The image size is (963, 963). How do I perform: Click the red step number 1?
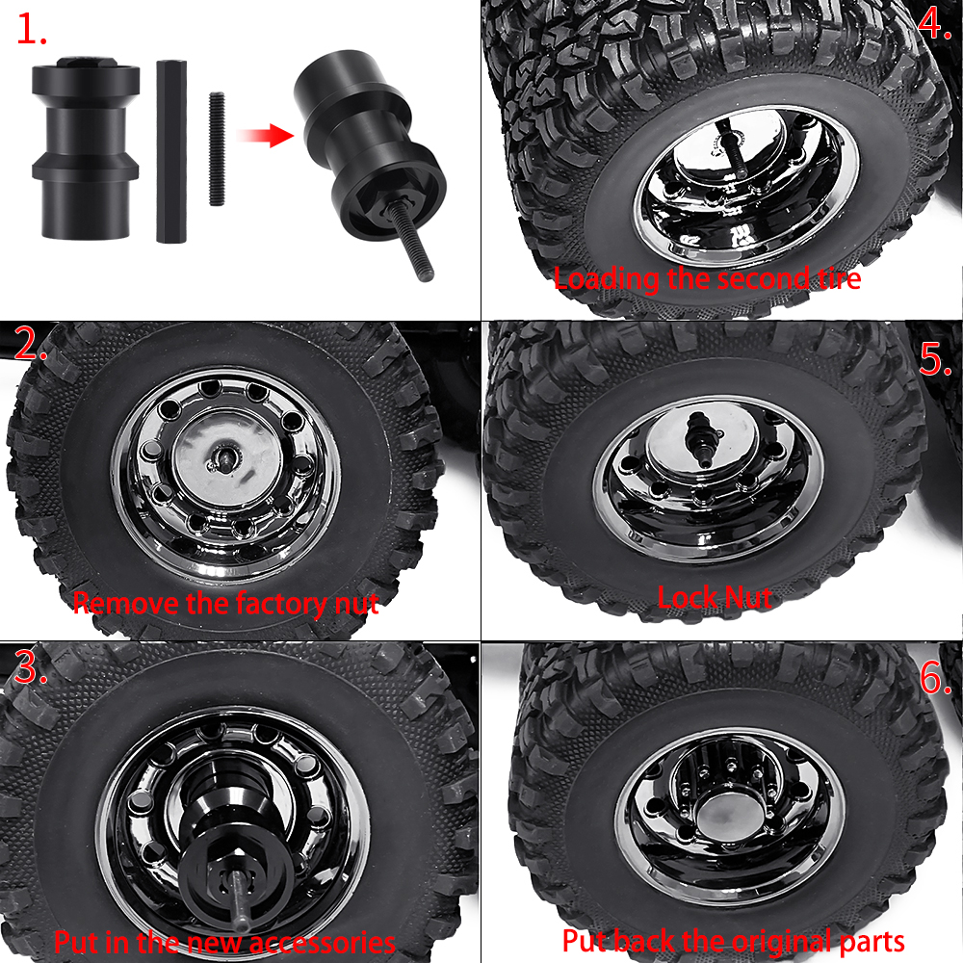(x=31, y=29)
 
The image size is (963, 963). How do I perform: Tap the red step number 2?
(x=30, y=344)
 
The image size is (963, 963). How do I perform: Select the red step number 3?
(x=31, y=667)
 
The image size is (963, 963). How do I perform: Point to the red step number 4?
(x=934, y=23)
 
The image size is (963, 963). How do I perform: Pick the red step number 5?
(x=935, y=358)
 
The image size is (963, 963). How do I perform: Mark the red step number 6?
(x=936, y=678)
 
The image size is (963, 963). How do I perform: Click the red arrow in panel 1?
(x=266, y=135)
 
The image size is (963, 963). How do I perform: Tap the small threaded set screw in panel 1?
(x=217, y=148)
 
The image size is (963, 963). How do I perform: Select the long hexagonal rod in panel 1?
(x=171, y=151)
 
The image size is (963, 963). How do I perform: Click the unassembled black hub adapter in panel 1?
(x=86, y=147)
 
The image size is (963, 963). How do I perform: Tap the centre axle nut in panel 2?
(x=223, y=457)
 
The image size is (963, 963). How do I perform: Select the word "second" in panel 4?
(x=763, y=278)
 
